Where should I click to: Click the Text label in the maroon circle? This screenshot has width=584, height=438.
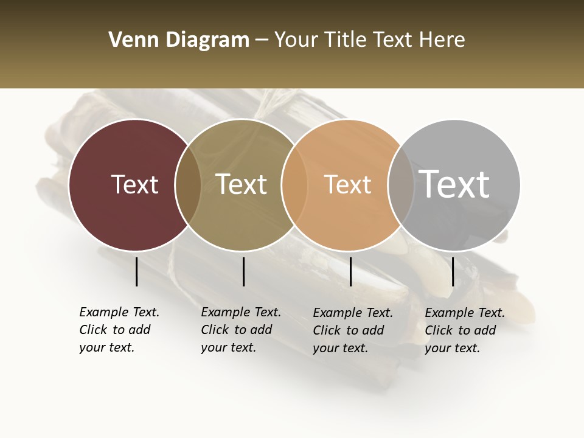(134, 184)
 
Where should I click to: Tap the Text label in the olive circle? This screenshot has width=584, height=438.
(242, 184)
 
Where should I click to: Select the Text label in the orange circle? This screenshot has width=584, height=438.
(347, 184)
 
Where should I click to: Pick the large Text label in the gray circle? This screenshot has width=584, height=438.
(454, 184)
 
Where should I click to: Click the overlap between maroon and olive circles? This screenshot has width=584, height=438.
(188, 185)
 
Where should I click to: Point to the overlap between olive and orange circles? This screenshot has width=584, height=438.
(294, 185)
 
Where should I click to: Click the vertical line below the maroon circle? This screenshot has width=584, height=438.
(136, 271)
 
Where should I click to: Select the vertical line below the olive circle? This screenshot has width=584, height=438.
(243, 271)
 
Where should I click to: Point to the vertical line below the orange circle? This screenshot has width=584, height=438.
(350, 271)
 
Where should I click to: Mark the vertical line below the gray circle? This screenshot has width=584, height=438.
(453, 271)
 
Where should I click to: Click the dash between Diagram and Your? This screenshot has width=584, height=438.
(262, 41)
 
